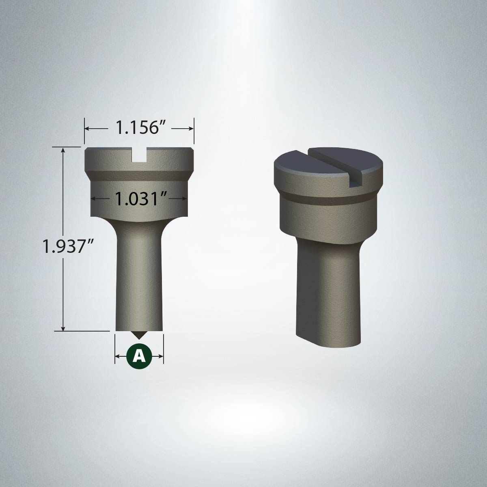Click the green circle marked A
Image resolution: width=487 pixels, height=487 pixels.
click(139, 356)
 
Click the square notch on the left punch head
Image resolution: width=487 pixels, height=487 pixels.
click(139, 155)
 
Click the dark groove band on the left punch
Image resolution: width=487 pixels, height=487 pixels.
click(139, 175)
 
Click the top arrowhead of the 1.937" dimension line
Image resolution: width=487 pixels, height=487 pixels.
click(63, 150)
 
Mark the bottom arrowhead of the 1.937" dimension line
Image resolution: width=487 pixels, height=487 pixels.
click(63, 328)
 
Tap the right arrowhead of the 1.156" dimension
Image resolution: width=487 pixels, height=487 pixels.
click(191, 128)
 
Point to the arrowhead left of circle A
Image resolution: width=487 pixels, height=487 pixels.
click(118, 356)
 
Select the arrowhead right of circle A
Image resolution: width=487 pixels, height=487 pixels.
click(161, 356)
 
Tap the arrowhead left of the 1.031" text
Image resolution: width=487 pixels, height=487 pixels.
click(93, 199)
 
